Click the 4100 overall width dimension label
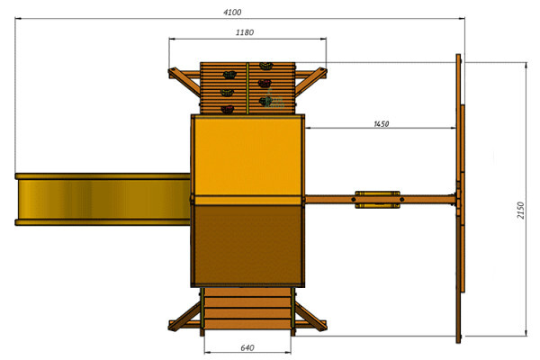[232, 13]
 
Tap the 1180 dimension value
[245, 32]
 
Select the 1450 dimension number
[382, 124]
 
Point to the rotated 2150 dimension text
[520, 210]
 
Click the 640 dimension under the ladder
[247, 348]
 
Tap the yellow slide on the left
[103, 200]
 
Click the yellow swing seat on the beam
[377, 200]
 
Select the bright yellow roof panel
[247, 156]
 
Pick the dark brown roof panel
[247, 246]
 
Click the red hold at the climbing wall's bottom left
[228, 110]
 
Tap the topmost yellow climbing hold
[265, 66]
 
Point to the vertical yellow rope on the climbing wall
[247, 88]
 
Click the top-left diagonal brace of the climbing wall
[184, 82]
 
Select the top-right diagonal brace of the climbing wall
[311, 82]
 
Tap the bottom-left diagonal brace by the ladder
[184, 317]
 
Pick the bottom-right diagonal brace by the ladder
[310, 317]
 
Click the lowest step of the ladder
[247, 325]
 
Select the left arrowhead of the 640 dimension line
[208, 352]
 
